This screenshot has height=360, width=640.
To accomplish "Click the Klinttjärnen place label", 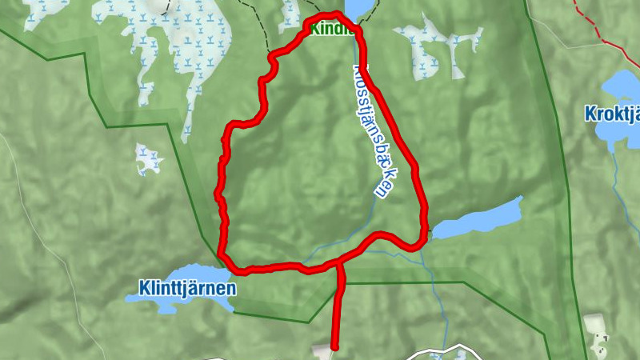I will pyautogui.click(x=186, y=286).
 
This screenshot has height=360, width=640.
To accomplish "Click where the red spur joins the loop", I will pyautogui.click(x=339, y=262).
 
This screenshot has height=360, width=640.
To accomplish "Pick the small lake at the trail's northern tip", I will pyautogui.click(x=358, y=7).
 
